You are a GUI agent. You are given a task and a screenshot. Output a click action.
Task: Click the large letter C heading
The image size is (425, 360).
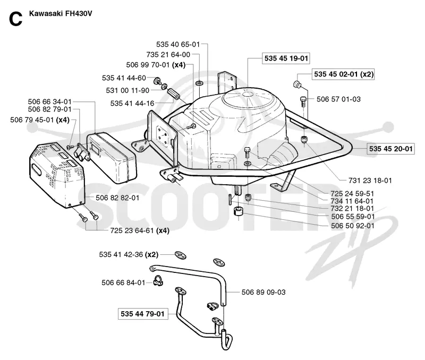(15, 19)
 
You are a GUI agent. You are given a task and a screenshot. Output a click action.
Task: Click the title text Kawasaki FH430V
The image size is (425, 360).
(61, 13)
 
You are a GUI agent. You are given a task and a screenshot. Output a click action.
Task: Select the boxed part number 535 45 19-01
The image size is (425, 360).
(286, 58)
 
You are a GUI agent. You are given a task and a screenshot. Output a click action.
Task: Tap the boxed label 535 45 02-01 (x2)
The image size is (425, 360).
(343, 74)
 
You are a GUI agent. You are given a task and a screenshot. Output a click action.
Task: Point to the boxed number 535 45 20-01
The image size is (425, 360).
(390, 149)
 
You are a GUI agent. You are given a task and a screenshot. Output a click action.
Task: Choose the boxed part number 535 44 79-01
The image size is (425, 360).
(142, 314)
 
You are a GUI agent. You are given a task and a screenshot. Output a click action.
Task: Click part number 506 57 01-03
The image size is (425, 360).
(338, 99)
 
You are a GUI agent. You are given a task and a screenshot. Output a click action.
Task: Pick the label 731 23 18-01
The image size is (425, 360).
(370, 181)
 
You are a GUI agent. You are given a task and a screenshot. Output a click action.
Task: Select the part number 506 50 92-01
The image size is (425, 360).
(353, 226)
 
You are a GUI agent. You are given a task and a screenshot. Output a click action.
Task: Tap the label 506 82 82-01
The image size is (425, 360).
(117, 198)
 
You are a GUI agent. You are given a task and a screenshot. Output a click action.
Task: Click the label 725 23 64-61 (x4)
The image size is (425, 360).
(140, 230)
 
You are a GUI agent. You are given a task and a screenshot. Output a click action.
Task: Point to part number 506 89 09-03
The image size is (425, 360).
(263, 292)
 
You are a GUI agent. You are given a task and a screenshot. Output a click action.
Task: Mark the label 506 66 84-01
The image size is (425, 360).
(123, 282)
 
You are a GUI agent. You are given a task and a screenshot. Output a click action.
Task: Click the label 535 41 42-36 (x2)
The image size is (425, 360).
(129, 255)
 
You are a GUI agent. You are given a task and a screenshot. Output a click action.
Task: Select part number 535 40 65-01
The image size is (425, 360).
(178, 44)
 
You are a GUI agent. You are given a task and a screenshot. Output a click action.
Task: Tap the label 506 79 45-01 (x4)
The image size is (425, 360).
(40, 119)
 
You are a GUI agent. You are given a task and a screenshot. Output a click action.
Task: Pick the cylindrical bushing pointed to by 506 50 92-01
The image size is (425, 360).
(238, 211)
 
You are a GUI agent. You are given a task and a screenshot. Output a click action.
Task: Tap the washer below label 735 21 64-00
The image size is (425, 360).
(199, 82)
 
